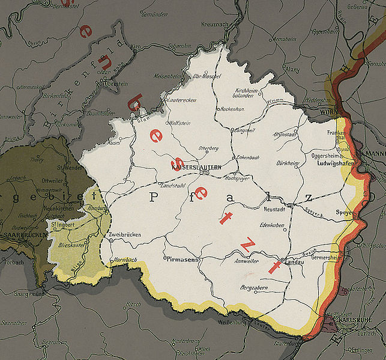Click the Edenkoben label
pyautogui.click(x=271, y=225)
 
